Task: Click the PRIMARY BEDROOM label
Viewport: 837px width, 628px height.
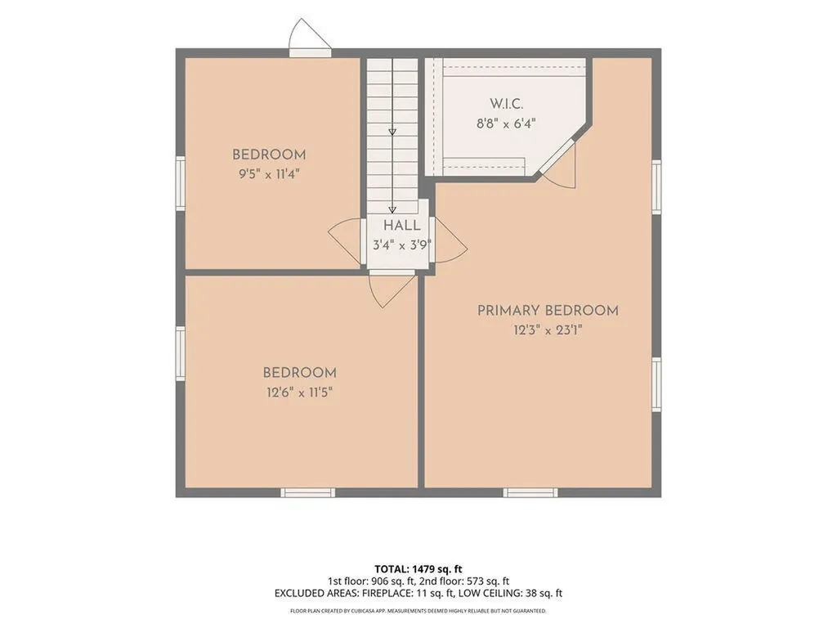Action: (548, 311)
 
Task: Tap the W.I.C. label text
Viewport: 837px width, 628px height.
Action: (507, 104)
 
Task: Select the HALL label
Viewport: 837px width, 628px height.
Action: (401, 226)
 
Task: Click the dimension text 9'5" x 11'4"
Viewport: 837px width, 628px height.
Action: (269, 174)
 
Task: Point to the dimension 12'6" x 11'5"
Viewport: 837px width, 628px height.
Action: (299, 392)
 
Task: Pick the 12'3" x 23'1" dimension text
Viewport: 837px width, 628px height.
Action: (548, 330)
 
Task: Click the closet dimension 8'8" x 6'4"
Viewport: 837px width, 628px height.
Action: (506, 124)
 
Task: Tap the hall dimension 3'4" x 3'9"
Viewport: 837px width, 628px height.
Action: (401, 245)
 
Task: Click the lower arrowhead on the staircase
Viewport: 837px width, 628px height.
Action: (392, 210)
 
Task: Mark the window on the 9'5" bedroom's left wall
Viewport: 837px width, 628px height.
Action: (181, 183)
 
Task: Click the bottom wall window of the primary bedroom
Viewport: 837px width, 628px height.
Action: (530, 492)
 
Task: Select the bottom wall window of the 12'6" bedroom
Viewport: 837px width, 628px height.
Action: (308, 492)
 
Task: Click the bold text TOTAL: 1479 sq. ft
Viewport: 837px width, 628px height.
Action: (418, 569)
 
